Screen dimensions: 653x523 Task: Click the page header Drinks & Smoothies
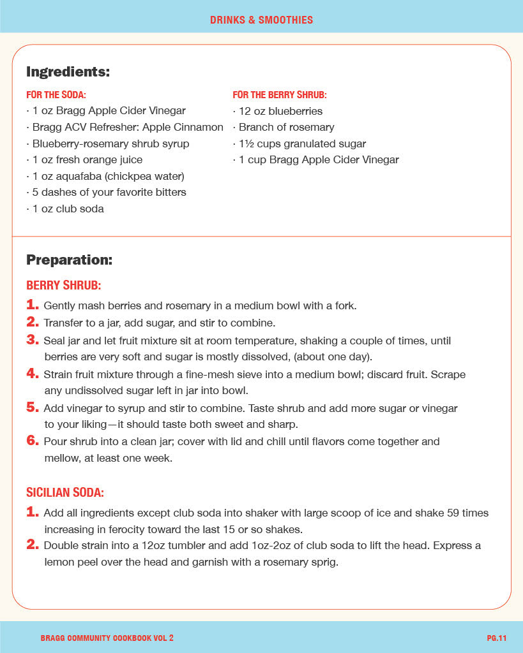coord(261,20)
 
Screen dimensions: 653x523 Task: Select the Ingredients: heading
coord(68,72)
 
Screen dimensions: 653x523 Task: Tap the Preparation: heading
coord(69,260)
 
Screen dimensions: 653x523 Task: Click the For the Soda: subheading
coord(56,95)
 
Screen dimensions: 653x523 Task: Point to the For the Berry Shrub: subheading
coord(280,95)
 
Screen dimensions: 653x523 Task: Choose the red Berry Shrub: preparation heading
coord(63,285)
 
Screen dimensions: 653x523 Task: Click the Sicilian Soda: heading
coord(65,492)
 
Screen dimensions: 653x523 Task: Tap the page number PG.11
coord(496,638)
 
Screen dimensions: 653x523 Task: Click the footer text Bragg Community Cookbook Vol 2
coord(107,638)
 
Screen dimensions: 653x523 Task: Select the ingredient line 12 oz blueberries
coord(280,111)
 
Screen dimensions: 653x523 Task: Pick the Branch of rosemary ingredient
coord(285,127)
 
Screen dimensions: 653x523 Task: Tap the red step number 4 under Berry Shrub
coord(33,374)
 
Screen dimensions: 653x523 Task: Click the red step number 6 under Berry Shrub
coord(33,441)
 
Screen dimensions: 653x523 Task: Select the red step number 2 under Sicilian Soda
coord(33,545)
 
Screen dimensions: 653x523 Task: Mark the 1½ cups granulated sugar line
coord(301,143)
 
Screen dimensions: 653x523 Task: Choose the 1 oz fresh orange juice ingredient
coord(86,159)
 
